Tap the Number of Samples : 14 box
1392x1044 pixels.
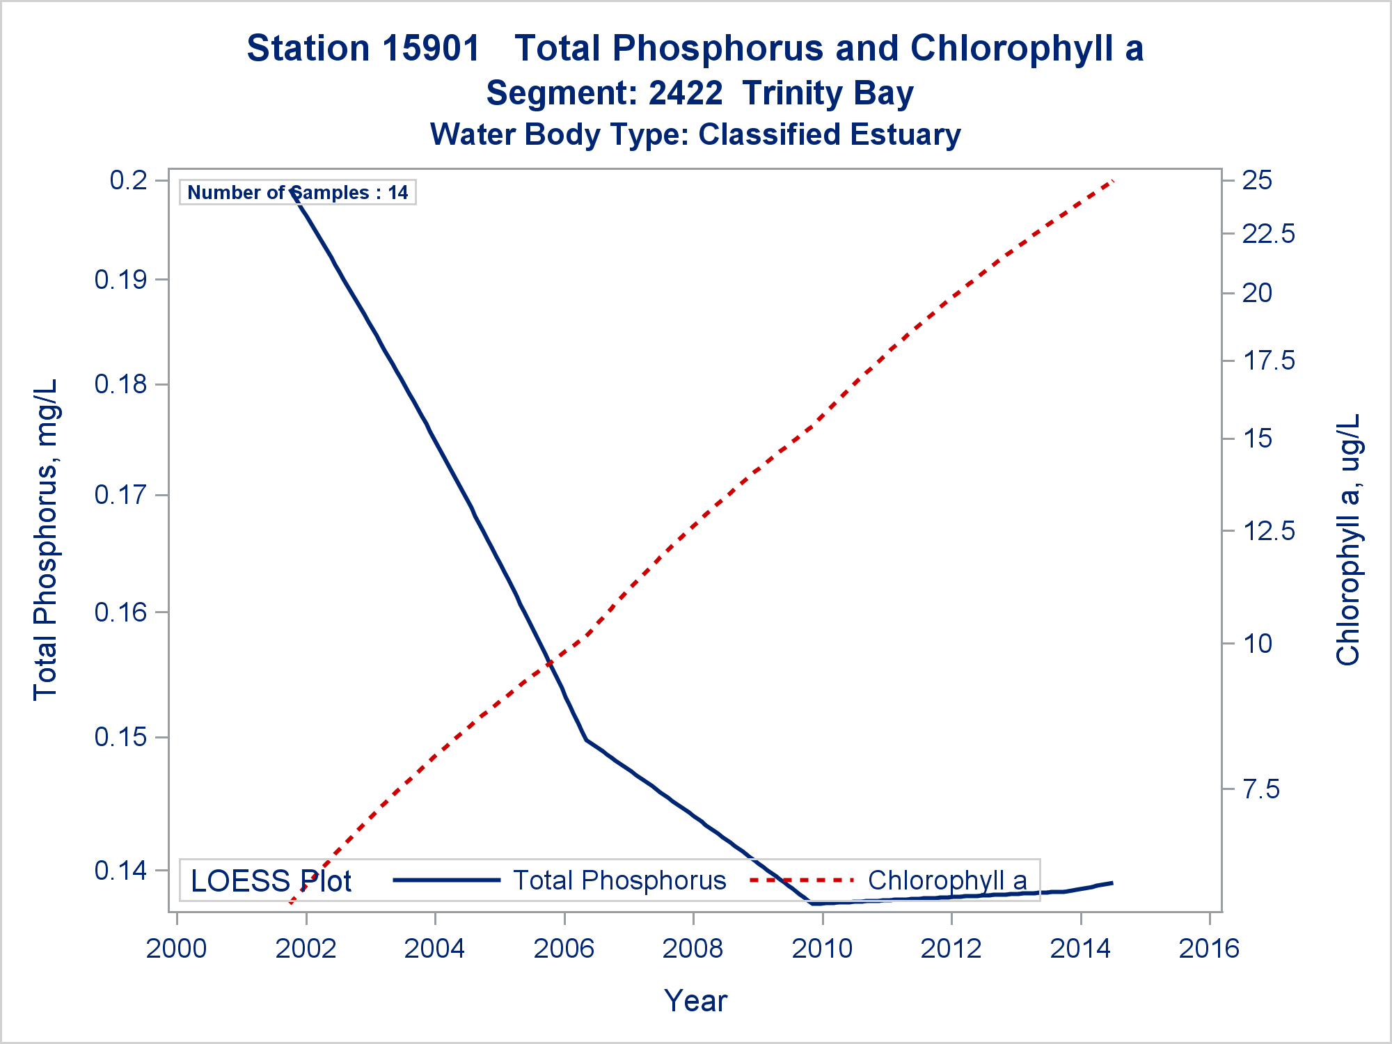[x=298, y=192]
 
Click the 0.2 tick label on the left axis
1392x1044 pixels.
[x=129, y=180]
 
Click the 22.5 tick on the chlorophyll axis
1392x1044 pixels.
[x=1268, y=234]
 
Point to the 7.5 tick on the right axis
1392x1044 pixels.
[x=1260, y=789]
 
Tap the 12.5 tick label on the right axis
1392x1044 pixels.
[x=1268, y=531]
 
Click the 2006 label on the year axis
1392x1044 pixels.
[x=564, y=949]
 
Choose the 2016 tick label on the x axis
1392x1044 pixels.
[x=1209, y=949]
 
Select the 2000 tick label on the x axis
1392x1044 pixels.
[x=176, y=949]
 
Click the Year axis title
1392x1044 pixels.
[x=695, y=1001]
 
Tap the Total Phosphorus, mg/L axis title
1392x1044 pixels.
[x=45, y=539]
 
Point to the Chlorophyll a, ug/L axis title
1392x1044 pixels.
[x=1347, y=539]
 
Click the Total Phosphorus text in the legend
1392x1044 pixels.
[x=619, y=880]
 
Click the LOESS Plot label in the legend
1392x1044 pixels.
[x=271, y=881]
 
